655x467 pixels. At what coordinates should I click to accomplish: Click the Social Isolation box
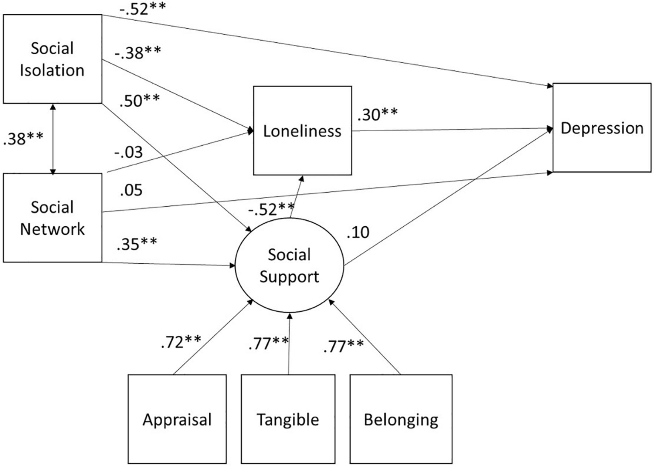coord(52,59)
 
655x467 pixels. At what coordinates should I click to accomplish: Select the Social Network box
coord(52,218)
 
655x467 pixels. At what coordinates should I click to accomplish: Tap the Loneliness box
coord(302,131)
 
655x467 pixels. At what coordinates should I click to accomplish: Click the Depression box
coord(601,128)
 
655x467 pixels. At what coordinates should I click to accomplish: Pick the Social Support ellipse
coord(289,265)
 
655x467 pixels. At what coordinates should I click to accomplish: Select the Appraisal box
coord(177,419)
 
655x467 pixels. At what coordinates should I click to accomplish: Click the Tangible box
coord(288,419)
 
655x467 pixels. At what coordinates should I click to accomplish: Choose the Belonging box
coord(401,419)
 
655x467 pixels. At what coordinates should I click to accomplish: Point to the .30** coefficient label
coord(377,115)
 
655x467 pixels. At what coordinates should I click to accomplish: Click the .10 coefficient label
coord(358,232)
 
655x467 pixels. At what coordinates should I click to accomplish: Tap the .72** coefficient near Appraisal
coord(181,342)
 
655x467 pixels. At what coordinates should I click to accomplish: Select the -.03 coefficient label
coord(128,152)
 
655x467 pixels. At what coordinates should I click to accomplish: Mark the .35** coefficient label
coord(136,244)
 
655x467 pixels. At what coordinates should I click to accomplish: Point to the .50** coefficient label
coord(139,101)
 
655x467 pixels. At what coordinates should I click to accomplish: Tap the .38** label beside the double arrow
coord(23,139)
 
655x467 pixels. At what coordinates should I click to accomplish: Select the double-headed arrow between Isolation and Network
coord(53,139)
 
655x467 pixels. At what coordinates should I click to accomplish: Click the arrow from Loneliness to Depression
coord(451,130)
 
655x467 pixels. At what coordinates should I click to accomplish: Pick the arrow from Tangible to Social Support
coord(289,344)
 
